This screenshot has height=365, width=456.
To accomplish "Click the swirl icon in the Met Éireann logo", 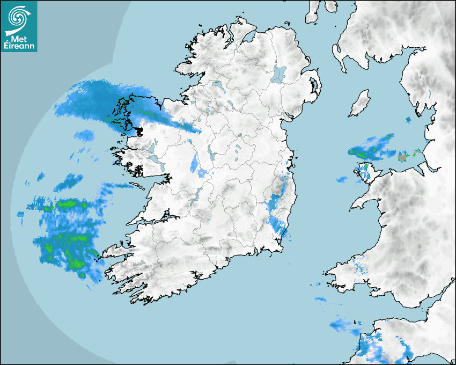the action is tap(18, 17).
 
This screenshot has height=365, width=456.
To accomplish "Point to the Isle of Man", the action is tap(360, 103).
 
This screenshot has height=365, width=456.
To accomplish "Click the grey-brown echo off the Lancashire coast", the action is tap(402, 157).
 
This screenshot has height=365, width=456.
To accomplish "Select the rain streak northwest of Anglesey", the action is tap(370, 148).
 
